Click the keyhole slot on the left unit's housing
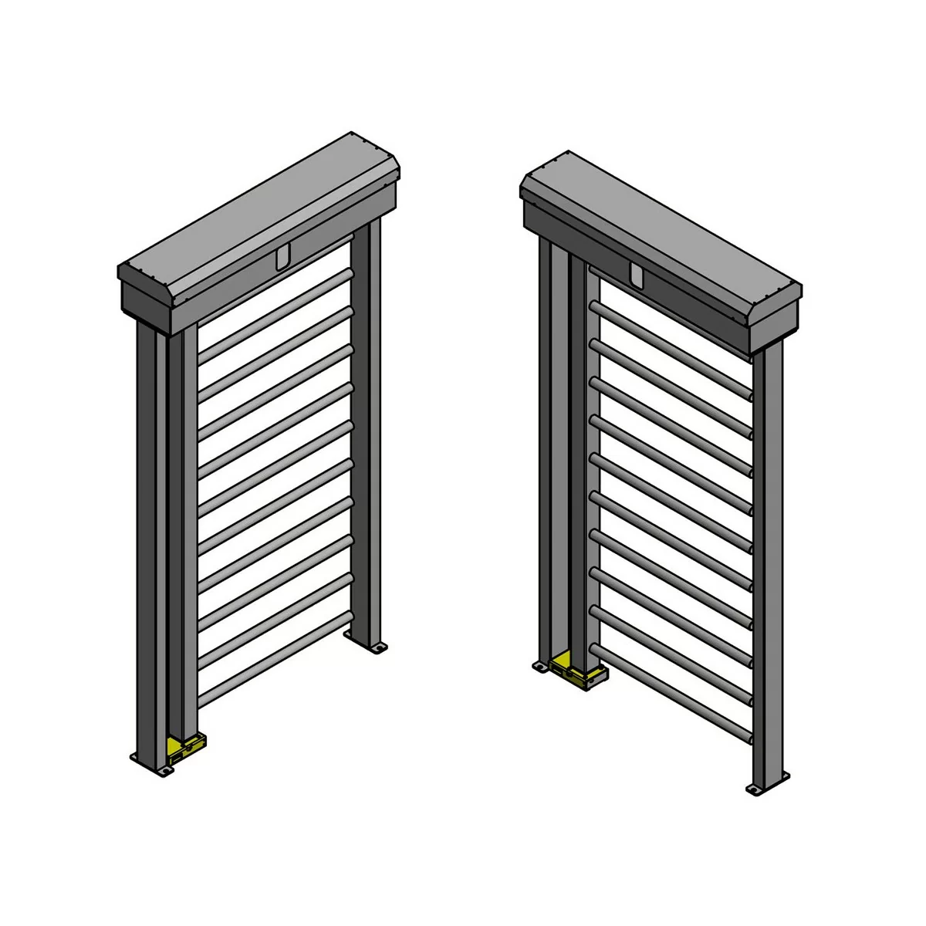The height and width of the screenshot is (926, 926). pyautogui.click(x=283, y=257)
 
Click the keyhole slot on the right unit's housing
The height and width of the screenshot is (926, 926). pyautogui.click(x=636, y=275)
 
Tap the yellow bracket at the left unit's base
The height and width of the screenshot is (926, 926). pyautogui.click(x=183, y=746)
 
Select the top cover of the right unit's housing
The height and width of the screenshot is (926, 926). pyautogui.click(x=664, y=224)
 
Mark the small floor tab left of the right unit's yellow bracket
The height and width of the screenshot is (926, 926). pyautogui.click(x=540, y=665)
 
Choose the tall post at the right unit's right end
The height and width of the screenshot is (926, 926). pyautogui.click(x=769, y=563)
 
